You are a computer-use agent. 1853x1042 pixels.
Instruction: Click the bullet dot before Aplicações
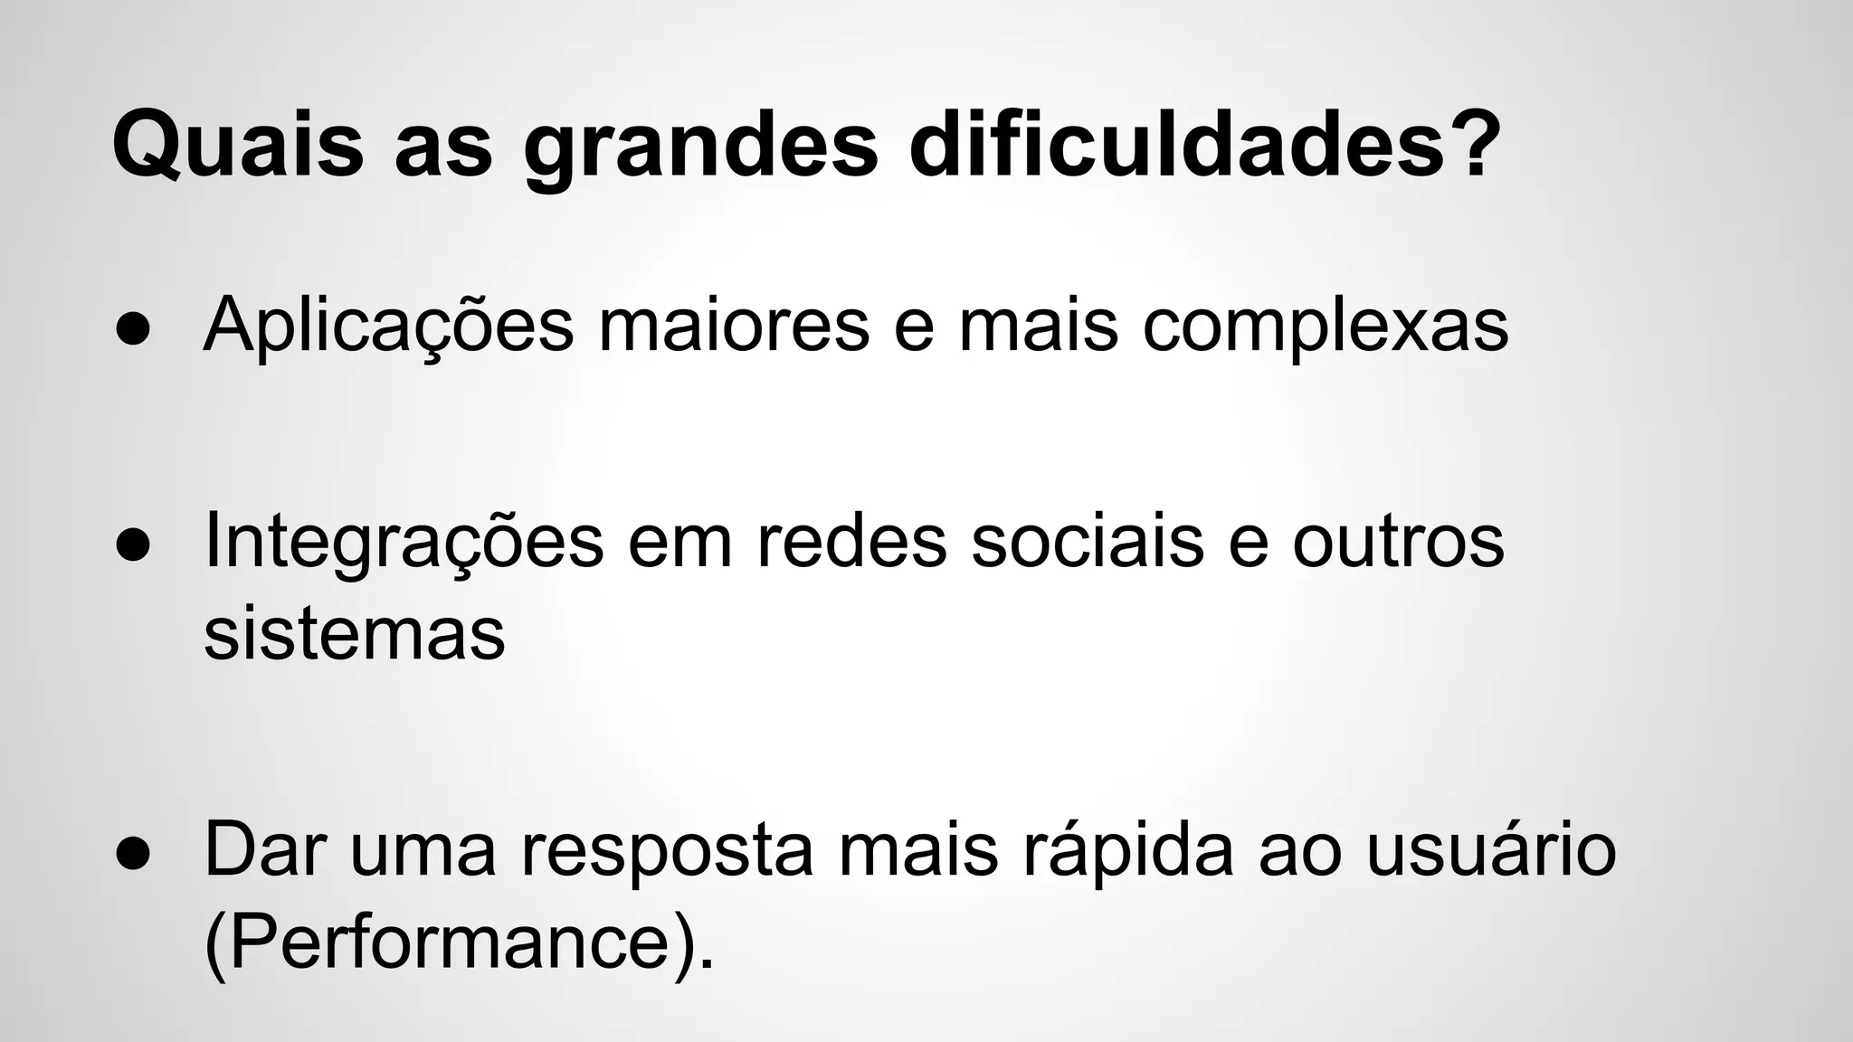(132, 331)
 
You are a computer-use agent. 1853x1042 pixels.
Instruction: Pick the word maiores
(734, 326)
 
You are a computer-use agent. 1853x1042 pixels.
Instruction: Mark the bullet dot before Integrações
(132, 546)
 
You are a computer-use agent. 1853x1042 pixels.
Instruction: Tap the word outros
(1398, 542)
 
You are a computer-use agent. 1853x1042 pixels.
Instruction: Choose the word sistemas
(354, 634)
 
